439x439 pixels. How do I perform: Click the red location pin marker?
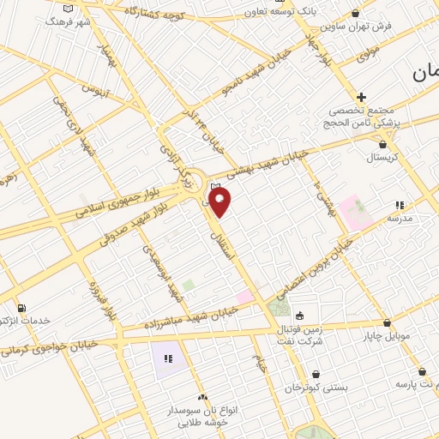pos(220,202)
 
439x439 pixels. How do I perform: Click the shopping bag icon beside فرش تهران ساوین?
pos(356,14)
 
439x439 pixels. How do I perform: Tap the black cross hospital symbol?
pos(361,97)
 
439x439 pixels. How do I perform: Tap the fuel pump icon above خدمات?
pos(21,308)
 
